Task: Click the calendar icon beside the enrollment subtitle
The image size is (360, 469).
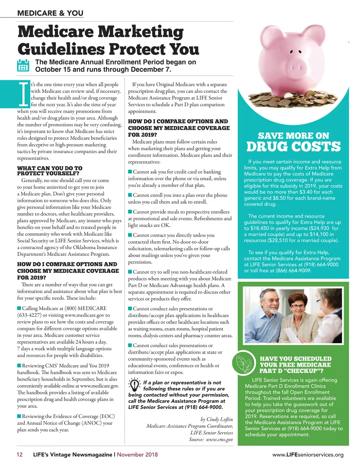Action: pos(23,66)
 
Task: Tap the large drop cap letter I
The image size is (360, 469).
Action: pos(24,94)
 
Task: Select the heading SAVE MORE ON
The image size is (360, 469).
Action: pos(294,136)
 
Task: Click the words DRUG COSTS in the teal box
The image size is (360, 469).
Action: pos(294,147)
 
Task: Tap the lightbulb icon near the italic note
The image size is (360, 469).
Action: pos(134,385)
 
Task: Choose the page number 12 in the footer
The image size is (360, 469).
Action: pos(20,455)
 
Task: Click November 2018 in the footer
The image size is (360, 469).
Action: pos(137,455)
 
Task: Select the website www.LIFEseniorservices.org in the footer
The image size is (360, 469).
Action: pos(308,455)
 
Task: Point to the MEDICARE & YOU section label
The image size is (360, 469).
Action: pos(50,13)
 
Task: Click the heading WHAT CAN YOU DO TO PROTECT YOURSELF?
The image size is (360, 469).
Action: pos(50,171)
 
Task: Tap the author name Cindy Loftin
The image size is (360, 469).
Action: pos(220,419)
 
